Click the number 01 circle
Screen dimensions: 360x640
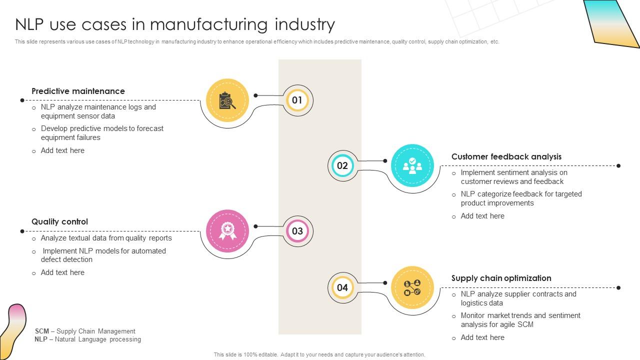[x=297, y=100]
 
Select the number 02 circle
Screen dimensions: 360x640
[x=342, y=165]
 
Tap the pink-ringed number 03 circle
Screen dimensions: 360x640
[x=297, y=231]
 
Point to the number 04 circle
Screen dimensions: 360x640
[x=342, y=287]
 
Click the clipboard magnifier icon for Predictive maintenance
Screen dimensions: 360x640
[x=227, y=100]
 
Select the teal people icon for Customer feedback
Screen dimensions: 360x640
[x=412, y=165]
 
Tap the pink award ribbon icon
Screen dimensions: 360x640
[x=227, y=231]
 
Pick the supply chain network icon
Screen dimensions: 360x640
[x=412, y=287]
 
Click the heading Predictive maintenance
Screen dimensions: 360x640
[x=78, y=91]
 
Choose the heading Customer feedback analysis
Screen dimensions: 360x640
[x=506, y=156]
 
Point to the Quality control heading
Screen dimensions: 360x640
[x=59, y=221]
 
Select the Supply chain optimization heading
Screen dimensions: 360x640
[x=501, y=278]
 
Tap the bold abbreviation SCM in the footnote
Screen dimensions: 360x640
[x=42, y=331]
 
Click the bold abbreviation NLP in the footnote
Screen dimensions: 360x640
[x=41, y=339]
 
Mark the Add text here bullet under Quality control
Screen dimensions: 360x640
[x=62, y=272]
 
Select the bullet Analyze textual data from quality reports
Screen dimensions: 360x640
[x=106, y=238]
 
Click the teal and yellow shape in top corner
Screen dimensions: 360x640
[x=613, y=22]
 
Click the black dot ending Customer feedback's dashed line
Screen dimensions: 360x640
[x=618, y=165]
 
